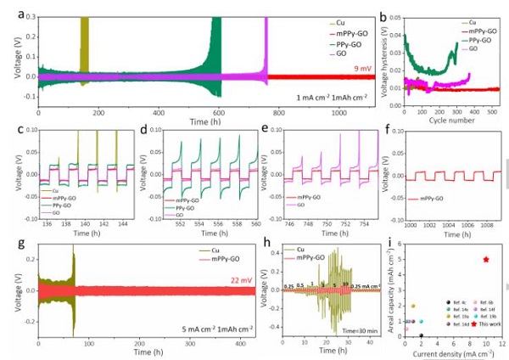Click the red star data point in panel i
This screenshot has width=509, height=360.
click(485, 259)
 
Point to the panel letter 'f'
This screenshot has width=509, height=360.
click(389, 132)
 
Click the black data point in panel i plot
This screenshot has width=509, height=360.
click(421, 335)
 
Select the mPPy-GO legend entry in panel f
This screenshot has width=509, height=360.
click(424, 199)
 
